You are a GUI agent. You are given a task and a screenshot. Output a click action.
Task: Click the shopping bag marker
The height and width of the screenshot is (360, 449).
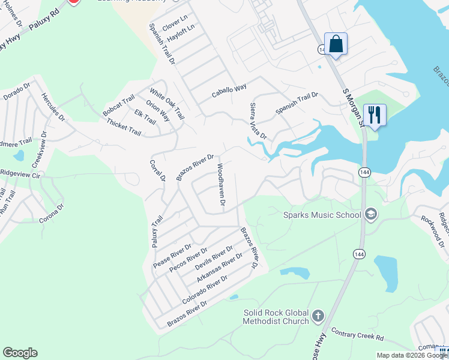click(336, 44)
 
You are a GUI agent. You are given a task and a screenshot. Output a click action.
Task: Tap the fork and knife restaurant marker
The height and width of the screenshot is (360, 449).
click(375, 115)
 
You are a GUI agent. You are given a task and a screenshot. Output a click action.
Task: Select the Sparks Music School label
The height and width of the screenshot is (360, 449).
click(322, 215)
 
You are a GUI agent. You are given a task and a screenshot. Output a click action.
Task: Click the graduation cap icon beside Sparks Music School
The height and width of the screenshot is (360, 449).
click(370, 214)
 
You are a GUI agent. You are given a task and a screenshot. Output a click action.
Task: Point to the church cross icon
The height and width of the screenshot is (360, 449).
click(318, 316)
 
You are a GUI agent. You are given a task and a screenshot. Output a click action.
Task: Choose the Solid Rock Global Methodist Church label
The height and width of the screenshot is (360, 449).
click(276, 317)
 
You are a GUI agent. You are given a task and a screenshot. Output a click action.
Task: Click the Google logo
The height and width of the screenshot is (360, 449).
click(20, 353)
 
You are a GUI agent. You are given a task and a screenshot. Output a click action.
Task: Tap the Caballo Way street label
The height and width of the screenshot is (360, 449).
click(229, 91)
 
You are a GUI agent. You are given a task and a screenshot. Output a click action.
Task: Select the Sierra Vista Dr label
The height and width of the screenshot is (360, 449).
click(258, 121)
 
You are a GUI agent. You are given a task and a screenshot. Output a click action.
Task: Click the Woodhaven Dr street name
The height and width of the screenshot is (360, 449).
click(221, 186)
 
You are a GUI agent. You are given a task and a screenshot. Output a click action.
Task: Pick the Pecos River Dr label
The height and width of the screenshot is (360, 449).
click(188, 259)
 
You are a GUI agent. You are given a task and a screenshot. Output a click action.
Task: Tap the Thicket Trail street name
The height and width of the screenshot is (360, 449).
click(124, 127)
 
